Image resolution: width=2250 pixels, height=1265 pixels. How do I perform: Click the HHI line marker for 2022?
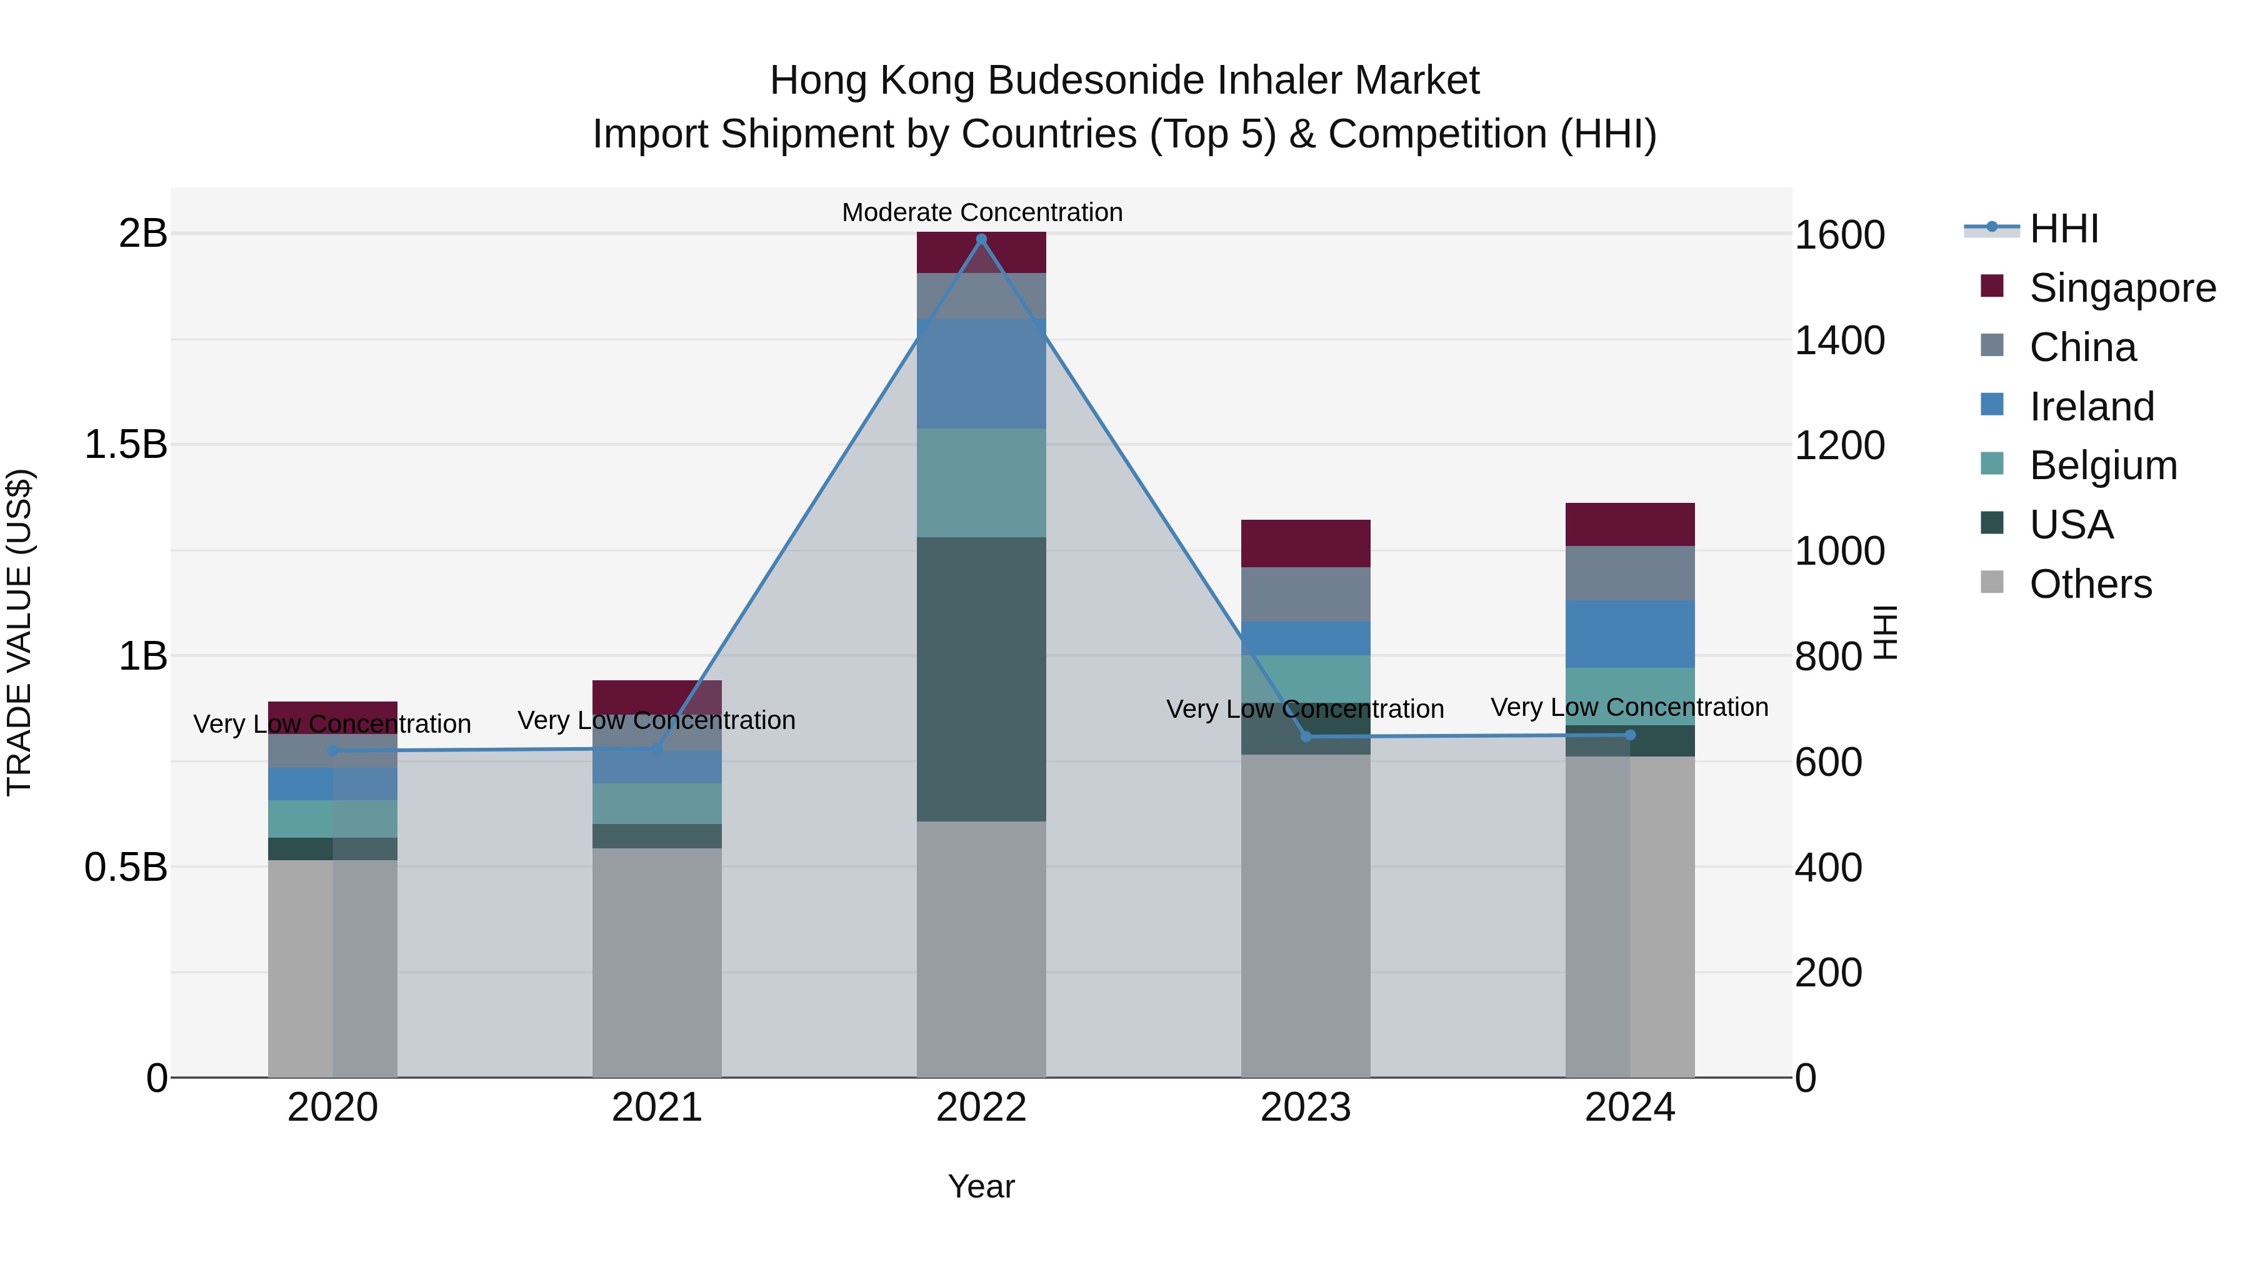(981, 239)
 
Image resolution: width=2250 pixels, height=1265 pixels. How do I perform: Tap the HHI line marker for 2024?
(1630, 735)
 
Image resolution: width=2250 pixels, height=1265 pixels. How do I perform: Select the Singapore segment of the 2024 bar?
(1630, 525)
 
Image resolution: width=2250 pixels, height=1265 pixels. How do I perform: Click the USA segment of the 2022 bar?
(981, 679)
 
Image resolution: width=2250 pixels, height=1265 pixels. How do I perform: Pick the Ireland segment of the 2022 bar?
(981, 374)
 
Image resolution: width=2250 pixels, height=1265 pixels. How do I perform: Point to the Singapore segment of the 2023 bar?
(1306, 543)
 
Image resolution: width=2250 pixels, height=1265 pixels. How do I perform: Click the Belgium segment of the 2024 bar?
(1630, 697)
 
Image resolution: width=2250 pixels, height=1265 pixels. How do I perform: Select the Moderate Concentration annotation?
(982, 212)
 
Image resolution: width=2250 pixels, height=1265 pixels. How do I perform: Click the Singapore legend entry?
(2122, 288)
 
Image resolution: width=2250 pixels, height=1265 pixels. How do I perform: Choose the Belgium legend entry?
(2103, 465)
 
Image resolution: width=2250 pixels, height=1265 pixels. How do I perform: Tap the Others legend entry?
(2090, 584)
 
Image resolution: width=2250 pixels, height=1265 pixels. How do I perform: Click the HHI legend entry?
(2063, 229)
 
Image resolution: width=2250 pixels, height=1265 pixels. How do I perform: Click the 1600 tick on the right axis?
(1839, 235)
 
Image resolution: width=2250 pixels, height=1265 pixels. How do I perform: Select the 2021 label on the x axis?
(657, 1108)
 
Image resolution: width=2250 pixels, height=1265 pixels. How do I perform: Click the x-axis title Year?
(981, 1186)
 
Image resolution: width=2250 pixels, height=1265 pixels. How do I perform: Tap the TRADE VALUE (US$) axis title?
(19, 632)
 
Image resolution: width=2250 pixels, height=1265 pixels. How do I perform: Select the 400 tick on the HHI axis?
(1828, 868)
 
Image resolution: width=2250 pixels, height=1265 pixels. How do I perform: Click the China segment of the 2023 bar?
(1306, 595)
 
